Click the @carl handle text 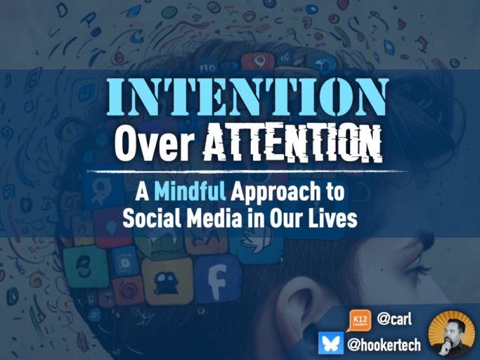tap(394, 320)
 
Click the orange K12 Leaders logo tap(358, 321)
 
